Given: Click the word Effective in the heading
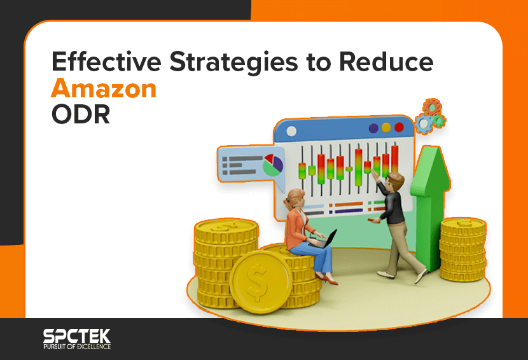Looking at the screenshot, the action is [106, 61].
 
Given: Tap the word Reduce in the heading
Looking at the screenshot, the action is [386, 61].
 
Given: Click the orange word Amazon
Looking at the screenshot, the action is [104, 88].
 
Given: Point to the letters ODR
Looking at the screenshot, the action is [81, 114].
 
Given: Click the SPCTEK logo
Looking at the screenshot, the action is [77, 336].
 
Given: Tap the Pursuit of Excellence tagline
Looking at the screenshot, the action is [77, 347].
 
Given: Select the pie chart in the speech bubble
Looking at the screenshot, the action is [273, 165].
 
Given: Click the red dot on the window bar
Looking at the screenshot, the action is [399, 127].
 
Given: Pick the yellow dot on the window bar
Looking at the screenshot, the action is [386, 128].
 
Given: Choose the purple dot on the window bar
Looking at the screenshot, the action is [373, 128].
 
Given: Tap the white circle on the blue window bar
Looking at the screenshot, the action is [291, 131].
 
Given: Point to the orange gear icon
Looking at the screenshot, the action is [432, 107].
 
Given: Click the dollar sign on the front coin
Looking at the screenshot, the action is [257, 282].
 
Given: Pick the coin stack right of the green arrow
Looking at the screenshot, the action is [462, 249].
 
